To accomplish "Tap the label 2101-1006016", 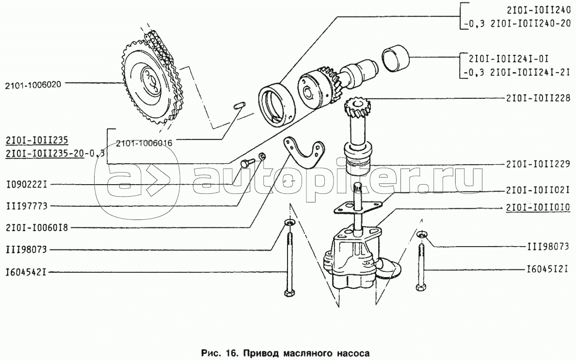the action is pyautogui.click(x=144, y=143).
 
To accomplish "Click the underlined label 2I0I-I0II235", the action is pyautogui.click(x=37, y=140).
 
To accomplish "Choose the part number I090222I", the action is pyautogui.click(x=27, y=185).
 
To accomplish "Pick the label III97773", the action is pyautogui.click(x=27, y=206).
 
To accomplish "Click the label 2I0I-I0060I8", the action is pyautogui.click(x=37, y=228).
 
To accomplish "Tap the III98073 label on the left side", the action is pyautogui.click(x=27, y=250).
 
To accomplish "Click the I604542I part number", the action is pyautogui.click(x=27, y=272).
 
